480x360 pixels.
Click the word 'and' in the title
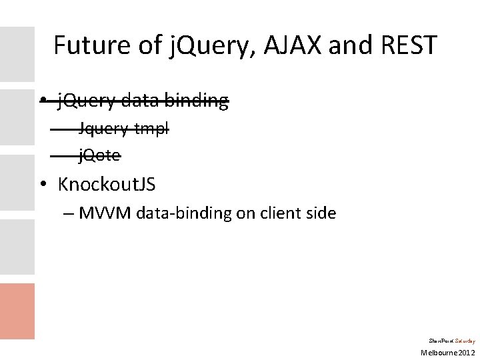click(352, 45)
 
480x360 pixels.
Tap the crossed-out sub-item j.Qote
click(100, 156)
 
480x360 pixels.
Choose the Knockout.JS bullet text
click(107, 183)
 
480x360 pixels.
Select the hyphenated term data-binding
click(175, 213)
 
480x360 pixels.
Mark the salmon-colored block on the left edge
click(17, 311)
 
